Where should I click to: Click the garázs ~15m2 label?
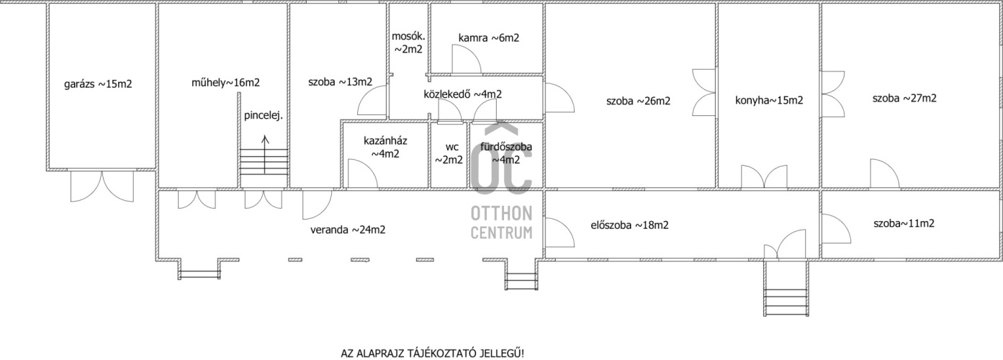click(x=98, y=84)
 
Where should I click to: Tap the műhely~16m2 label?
click(x=225, y=83)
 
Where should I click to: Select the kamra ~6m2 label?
click(x=488, y=38)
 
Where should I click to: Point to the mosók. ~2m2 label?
click(x=408, y=43)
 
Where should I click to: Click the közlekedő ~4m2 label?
click(x=462, y=94)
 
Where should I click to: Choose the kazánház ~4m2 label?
click(x=385, y=148)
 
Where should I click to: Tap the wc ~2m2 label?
click(x=449, y=153)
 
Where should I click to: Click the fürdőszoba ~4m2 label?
click(x=506, y=153)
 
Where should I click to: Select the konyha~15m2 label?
click(x=769, y=101)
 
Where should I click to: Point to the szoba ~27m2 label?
click(x=904, y=99)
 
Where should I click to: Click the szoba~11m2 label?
click(x=904, y=223)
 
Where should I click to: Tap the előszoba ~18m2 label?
click(x=629, y=225)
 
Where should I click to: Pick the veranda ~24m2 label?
click(x=348, y=230)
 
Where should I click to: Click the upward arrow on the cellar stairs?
click(x=265, y=155)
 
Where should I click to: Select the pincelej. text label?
click(x=264, y=116)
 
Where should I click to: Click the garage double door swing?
click(x=102, y=186)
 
